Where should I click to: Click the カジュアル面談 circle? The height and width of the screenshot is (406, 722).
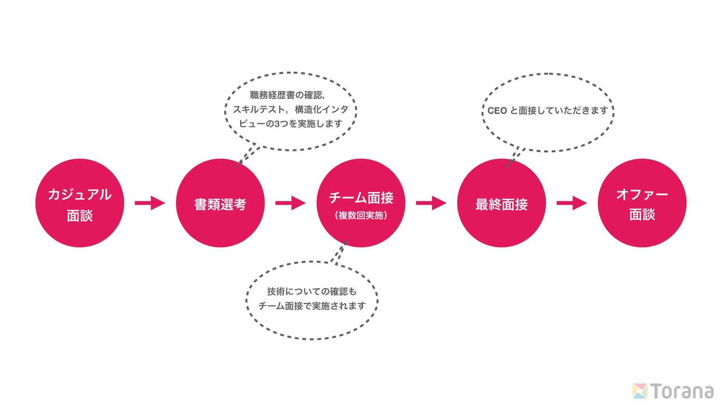tap(80, 203)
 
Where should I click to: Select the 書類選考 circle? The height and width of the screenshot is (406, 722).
tap(220, 203)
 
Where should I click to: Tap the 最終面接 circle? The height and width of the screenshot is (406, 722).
tap(502, 203)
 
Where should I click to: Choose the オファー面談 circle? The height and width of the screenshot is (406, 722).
tap(642, 203)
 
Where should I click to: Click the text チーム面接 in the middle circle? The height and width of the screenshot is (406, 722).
tap(361, 198)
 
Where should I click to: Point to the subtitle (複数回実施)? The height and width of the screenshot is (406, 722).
tap(361, 215)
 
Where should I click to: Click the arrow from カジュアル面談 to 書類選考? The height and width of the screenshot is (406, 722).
tap(150, 203)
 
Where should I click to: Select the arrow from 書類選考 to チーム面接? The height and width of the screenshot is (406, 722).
tap(290, 203)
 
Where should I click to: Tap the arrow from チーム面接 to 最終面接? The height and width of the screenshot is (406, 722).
tap(431, 203)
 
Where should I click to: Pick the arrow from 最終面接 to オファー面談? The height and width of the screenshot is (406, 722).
tap(572, 203)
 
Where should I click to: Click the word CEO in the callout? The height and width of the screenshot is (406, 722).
tap(497, 111)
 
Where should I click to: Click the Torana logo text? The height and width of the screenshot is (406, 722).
tap(682, 391)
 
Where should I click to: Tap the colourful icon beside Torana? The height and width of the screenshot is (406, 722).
tap(640, 391)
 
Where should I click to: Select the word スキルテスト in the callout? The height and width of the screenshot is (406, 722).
tap(259, 109)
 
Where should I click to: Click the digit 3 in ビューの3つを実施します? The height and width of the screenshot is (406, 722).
tap(277, 124)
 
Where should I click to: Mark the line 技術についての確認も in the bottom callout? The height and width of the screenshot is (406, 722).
tap(312, 291)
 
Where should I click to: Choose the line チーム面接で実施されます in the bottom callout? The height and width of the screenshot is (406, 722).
tap(312, 306)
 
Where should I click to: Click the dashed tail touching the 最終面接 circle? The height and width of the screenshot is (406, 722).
tap(515, 156)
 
